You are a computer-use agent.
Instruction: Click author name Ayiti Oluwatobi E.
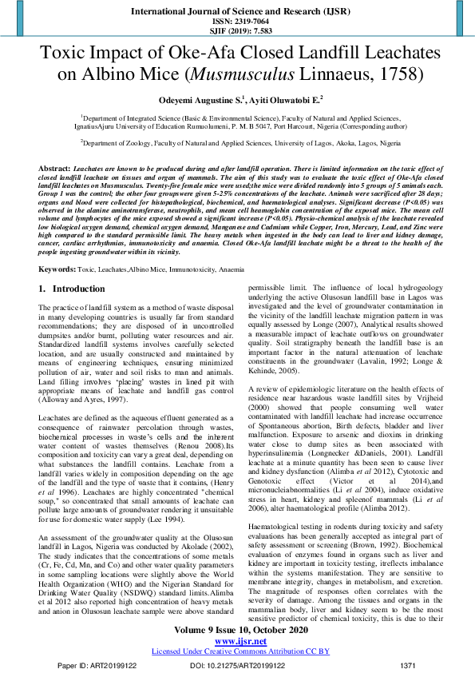[271, 100]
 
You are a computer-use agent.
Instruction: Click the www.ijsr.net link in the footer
[237, 640]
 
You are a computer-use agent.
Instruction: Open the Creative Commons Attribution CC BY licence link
[237, 651]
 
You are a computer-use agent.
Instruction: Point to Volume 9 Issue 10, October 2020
[237, 630]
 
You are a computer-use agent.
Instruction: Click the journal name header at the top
[237, 9]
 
